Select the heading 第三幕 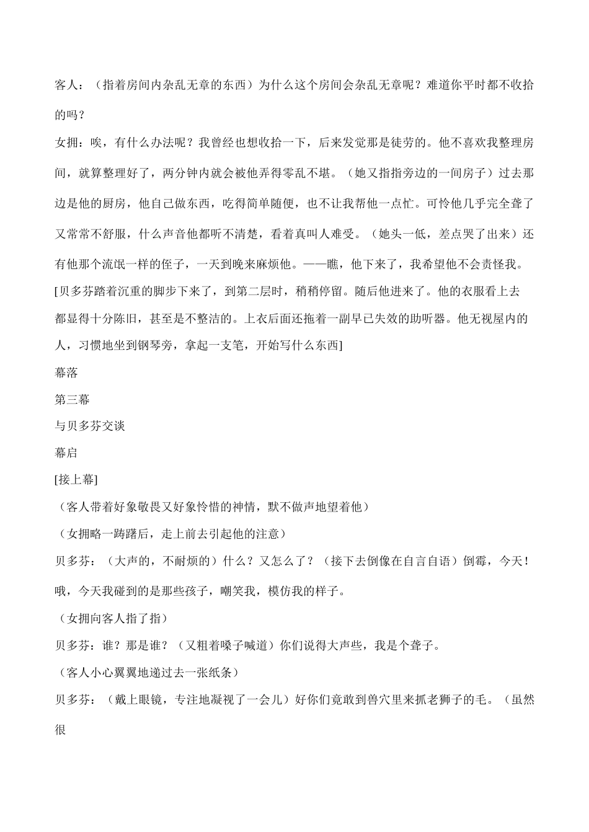[73, 399]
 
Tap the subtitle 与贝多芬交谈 [91, 426]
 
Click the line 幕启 [66, 453]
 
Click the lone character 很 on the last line [61, 730]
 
